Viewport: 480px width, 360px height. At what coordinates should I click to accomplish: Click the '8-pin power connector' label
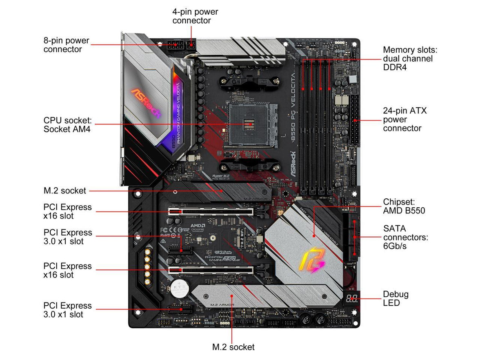coord(66,45)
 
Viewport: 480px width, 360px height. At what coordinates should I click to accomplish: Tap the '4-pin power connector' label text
coord(195,16)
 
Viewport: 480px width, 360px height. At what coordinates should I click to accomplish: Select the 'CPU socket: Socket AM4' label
coord(68,125)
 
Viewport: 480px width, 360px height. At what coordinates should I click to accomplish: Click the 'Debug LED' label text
coord(396,298)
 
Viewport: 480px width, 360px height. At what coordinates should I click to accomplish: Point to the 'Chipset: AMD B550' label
coord(404,206)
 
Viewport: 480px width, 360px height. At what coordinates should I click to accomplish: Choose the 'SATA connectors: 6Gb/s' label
coord(405,237)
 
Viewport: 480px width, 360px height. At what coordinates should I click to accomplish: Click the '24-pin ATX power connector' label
coord(404,119)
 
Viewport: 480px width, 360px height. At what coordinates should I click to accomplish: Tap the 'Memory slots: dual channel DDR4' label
coord(409,58)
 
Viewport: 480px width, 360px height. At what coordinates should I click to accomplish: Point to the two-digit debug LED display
coord(351,298)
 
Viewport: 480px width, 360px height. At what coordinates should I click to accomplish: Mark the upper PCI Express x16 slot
coord(211,212)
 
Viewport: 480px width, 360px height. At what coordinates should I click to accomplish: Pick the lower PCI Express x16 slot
coord(211,270)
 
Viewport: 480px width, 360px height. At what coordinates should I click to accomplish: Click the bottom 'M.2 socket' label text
coord(233,347)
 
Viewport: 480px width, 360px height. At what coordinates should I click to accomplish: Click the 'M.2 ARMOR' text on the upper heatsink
coord(256,198)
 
